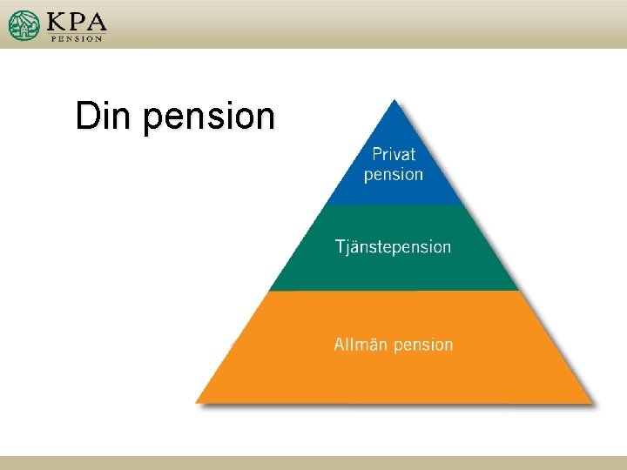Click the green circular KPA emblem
24,25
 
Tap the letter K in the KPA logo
57,21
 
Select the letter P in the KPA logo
77,21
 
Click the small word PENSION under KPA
77,38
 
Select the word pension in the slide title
209,118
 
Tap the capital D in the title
85,116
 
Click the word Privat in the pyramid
394,155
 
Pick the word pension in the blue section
394,175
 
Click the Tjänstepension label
394,247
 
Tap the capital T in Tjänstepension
340,246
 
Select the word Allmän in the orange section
361,345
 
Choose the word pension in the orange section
423,346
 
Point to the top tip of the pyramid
394,100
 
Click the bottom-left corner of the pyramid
197,401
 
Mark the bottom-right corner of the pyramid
591,401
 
